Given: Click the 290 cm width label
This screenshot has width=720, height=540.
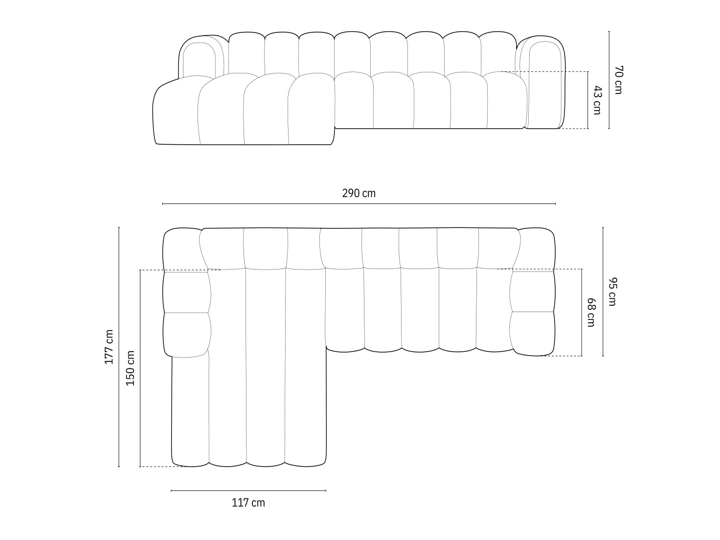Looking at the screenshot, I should click(x=359, y=193).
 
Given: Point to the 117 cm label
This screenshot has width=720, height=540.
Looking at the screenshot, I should click(x=248, y=502).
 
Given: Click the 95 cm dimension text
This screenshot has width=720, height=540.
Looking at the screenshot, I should click(x=612, y=292).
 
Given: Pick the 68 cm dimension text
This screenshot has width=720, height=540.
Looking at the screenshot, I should click(x=591, y=313).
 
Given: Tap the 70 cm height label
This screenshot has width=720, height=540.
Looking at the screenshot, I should click(x=618, y=80).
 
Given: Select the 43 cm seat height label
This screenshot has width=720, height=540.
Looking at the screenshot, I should click(x=597, y=100).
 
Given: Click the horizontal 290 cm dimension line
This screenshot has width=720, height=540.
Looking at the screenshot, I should click(x=359, y=203).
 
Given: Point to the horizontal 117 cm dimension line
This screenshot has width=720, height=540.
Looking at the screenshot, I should click(x=248, y=490).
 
